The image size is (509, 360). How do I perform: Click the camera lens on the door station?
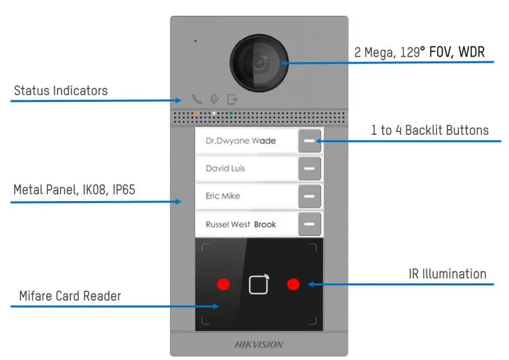point(259,63)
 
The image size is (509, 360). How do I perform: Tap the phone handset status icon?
point(197,99)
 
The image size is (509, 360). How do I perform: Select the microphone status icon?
point(214,99)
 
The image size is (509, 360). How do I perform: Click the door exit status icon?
point(232,99)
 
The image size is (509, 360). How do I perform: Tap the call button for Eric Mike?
point(310,196)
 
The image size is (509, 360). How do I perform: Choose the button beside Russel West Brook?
point(310,224)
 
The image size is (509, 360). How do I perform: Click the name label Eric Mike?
point(223,196)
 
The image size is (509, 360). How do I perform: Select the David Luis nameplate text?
point(225,168)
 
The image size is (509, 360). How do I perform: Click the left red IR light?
point(223,284)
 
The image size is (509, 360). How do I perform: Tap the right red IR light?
point(293,284)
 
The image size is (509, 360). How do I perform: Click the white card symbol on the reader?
point(259,284)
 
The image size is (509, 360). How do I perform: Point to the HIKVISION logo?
point(259,345)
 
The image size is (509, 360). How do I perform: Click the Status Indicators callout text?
point(60,90)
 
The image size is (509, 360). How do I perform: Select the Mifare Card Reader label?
point(70,296)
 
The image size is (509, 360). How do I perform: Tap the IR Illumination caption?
point(447,274)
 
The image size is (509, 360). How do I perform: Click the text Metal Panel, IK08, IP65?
point(74,190)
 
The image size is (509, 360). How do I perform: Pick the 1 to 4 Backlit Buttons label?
point(430,130)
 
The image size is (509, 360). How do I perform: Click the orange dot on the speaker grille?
point(197,114)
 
